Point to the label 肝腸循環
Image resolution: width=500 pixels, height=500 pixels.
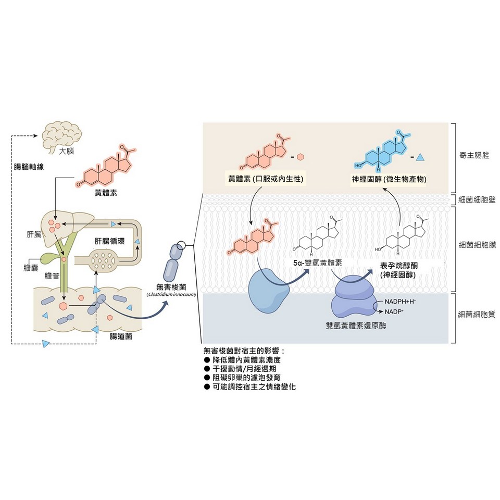click(x=109, y=242)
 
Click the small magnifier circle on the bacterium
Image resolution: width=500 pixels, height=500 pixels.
click(x=181, y=245)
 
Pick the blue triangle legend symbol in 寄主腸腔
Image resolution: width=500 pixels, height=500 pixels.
click(x=421, y=156)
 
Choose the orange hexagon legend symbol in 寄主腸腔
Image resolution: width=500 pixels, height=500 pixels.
click(x=301, y=156)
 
